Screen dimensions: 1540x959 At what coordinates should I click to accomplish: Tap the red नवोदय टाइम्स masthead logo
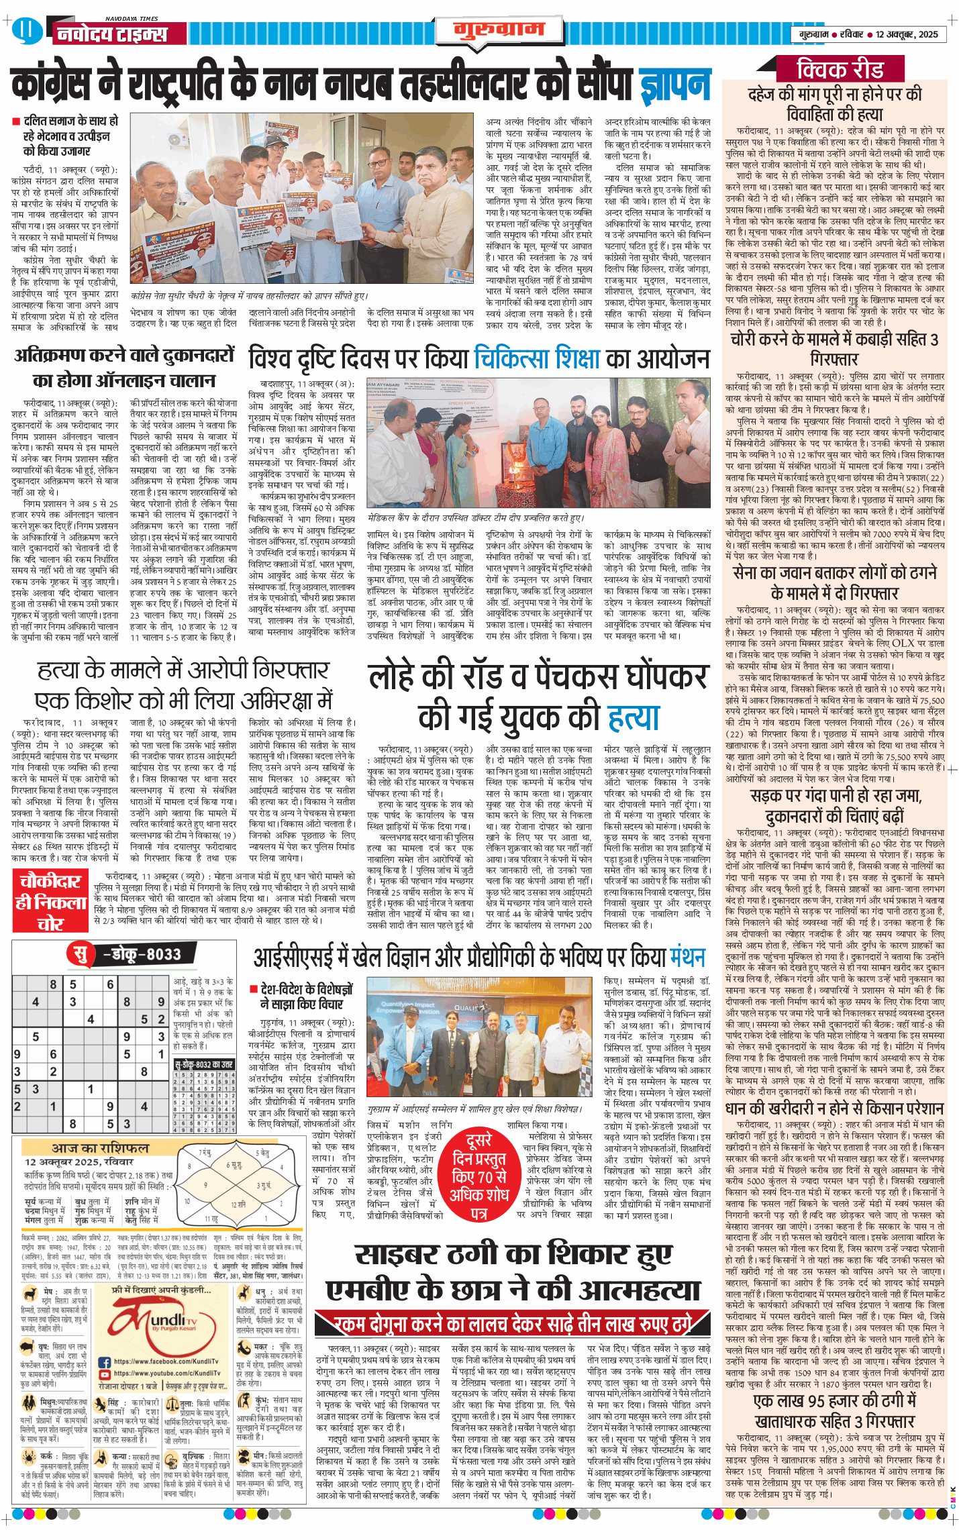point(111,34)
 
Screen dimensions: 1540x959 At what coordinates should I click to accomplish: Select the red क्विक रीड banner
point(840,69)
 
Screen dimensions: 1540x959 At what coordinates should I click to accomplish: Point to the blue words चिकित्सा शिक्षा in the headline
point(537,358)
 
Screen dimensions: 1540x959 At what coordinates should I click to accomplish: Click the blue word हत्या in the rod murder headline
point(633,717)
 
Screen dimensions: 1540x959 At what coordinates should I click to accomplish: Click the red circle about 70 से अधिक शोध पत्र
point(478,1176)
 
